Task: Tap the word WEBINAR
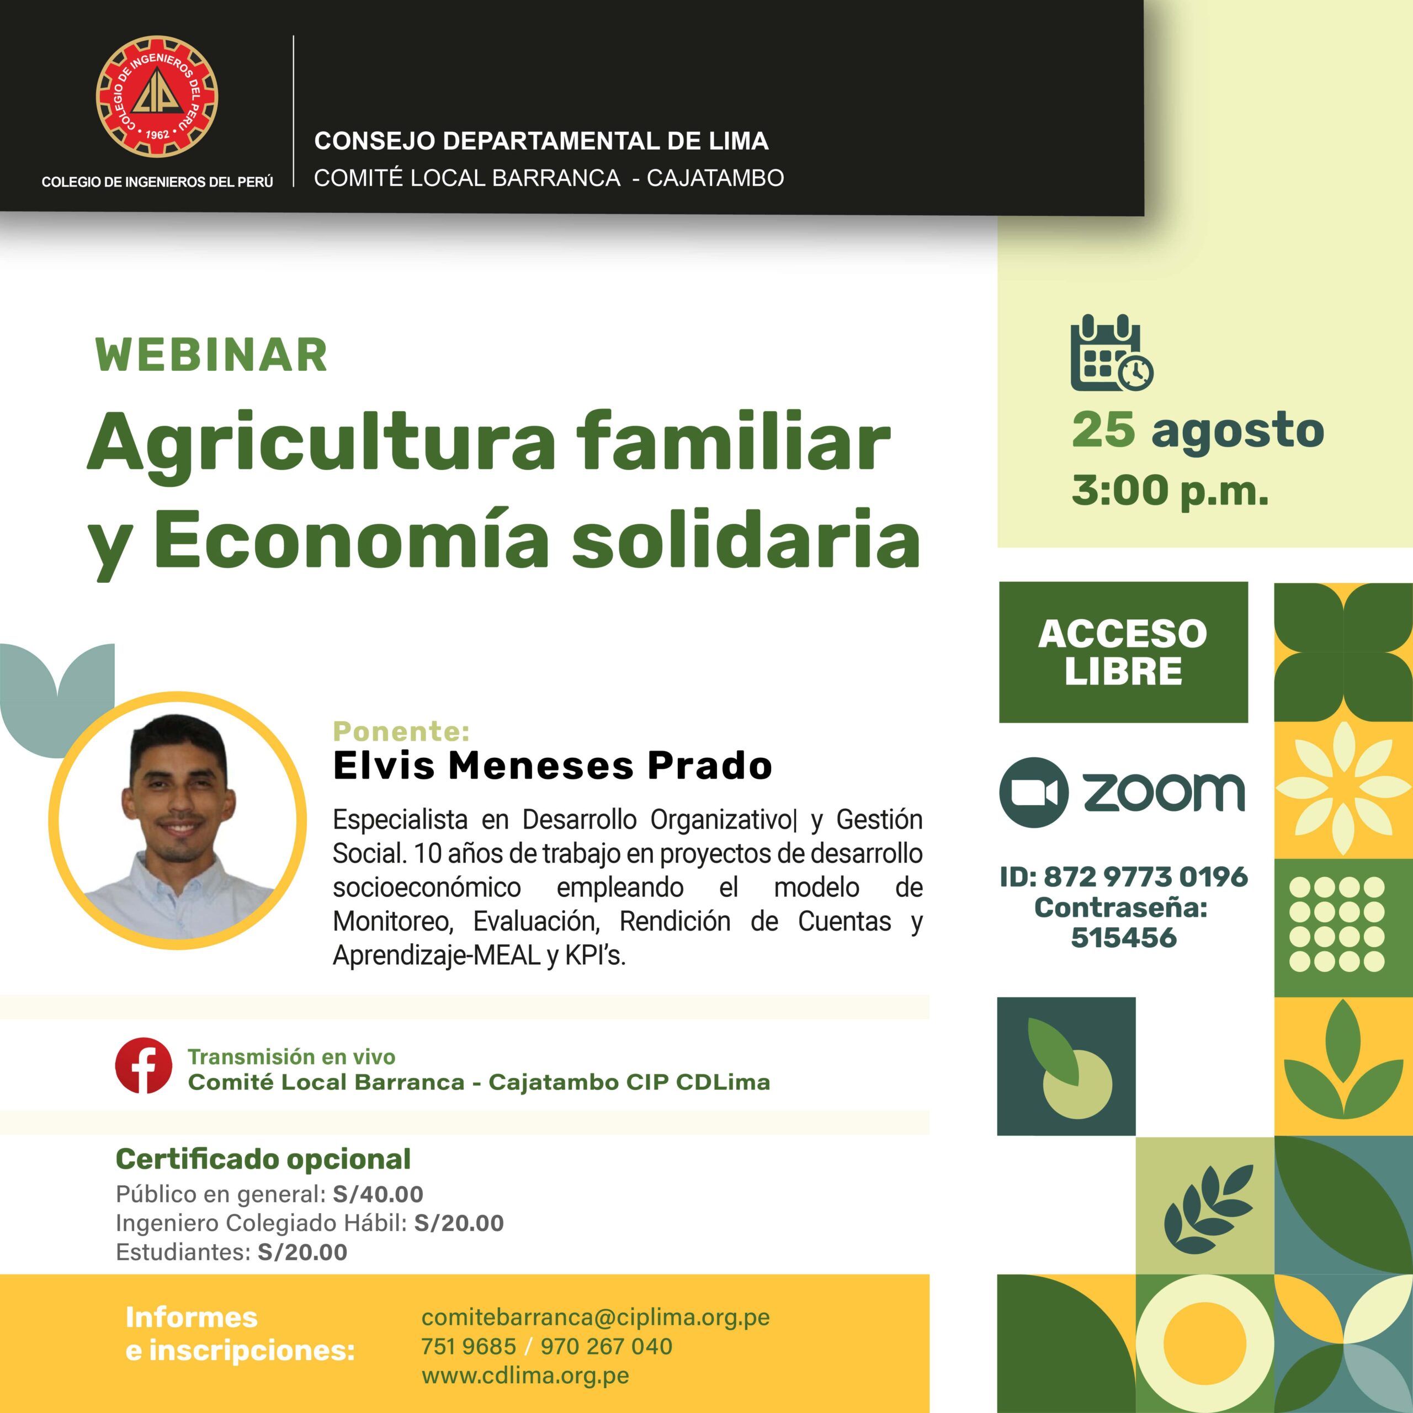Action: (211, 355)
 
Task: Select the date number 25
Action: (1104, 430)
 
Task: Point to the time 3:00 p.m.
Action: (1170, 491)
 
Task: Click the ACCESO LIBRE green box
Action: (1123, 652)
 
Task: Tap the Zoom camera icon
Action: (1033, 792)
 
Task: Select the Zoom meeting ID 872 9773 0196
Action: (1145, 876)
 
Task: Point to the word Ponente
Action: (401, 731)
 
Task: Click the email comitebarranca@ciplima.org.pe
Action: (596, 1317)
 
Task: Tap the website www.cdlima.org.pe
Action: (525, 1375)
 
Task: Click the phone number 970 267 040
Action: (605, 1346)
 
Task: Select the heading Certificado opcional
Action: (263, 1159)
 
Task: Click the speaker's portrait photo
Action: (178, 819)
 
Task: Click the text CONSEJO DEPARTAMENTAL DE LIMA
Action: (541, 141)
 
